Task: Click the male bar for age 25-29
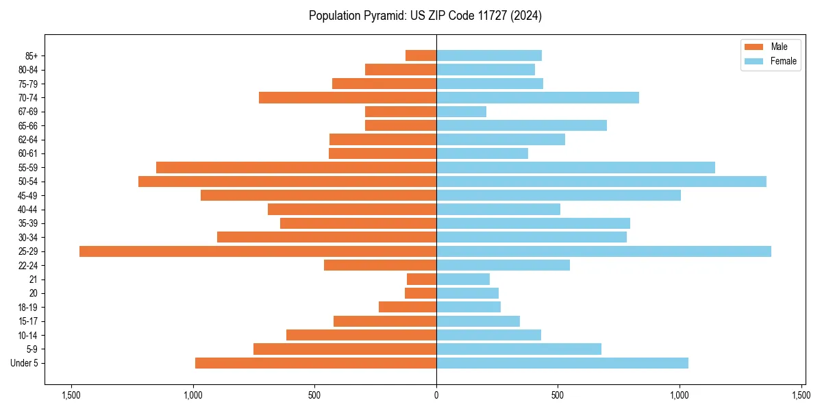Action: point(258,251)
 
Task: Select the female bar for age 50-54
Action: point(601,182)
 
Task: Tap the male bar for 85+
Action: point(421,55)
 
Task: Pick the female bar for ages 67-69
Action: point(461,112)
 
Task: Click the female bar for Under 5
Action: point(562,363)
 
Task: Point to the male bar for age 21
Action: point(421,279)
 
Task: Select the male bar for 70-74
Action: point(347,98)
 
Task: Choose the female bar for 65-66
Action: point(521,125)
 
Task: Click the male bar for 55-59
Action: point(296,168)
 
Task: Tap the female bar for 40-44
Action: point(498,210)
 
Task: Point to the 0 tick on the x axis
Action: point(436,395)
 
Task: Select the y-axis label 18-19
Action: point(27,308)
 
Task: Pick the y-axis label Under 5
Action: point(25,363)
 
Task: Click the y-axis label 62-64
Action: point(27,140)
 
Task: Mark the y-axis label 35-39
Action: point(27,223)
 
